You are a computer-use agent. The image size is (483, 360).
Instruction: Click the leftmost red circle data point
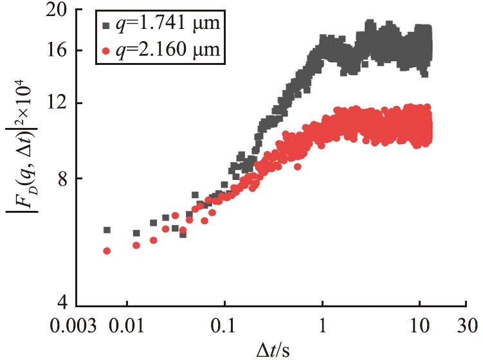pos(107,251)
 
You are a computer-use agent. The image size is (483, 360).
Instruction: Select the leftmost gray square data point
pos(107,230)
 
